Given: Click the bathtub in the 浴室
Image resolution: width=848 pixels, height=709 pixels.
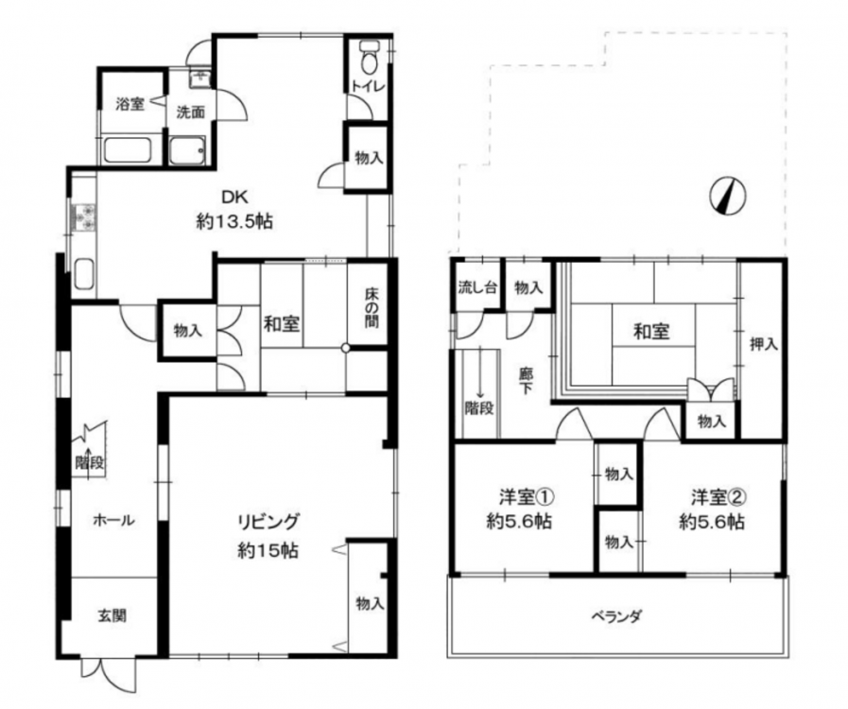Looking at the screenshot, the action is pos(127,150).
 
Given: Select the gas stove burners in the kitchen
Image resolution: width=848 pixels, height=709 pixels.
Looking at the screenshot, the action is pos(83,218).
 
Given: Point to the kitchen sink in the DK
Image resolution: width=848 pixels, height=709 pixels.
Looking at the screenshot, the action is pos(84,273).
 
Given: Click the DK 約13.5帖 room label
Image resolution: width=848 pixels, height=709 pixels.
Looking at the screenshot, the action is pos(234,209).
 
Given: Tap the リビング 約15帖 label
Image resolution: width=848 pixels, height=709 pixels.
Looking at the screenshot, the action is pos(268,536).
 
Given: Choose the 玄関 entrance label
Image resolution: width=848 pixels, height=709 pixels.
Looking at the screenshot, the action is pos(112,615).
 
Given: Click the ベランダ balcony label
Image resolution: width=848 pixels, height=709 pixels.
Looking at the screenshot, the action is pos(616,616).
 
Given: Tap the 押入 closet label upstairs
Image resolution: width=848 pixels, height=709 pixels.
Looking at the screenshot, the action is pos(764,343).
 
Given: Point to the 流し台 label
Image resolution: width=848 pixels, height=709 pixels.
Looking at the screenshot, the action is pos(477,287).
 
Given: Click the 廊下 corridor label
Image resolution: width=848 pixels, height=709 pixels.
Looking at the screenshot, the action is pos(525,381).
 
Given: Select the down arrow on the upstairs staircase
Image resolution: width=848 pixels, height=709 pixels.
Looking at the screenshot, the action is pos(479,387).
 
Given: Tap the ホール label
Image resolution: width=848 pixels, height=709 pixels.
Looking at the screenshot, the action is pos(113,520).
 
